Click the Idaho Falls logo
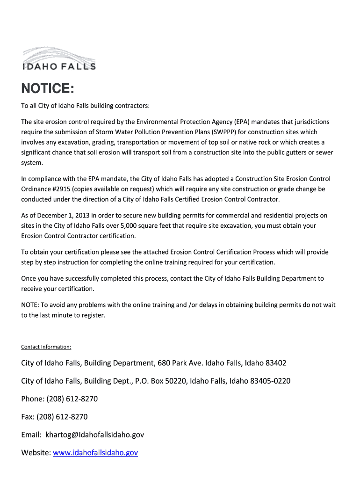coord(59,59)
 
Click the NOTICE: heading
coord(47,89)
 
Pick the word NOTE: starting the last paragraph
coord(30,305)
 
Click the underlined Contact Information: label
coord(46,347)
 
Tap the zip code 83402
coord(276,363)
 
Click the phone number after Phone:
coord(72,399)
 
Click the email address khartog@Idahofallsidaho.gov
coord(94,435)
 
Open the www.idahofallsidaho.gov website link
coord(95,453)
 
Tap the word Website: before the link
coord(36,453)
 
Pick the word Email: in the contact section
coord(31,435)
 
